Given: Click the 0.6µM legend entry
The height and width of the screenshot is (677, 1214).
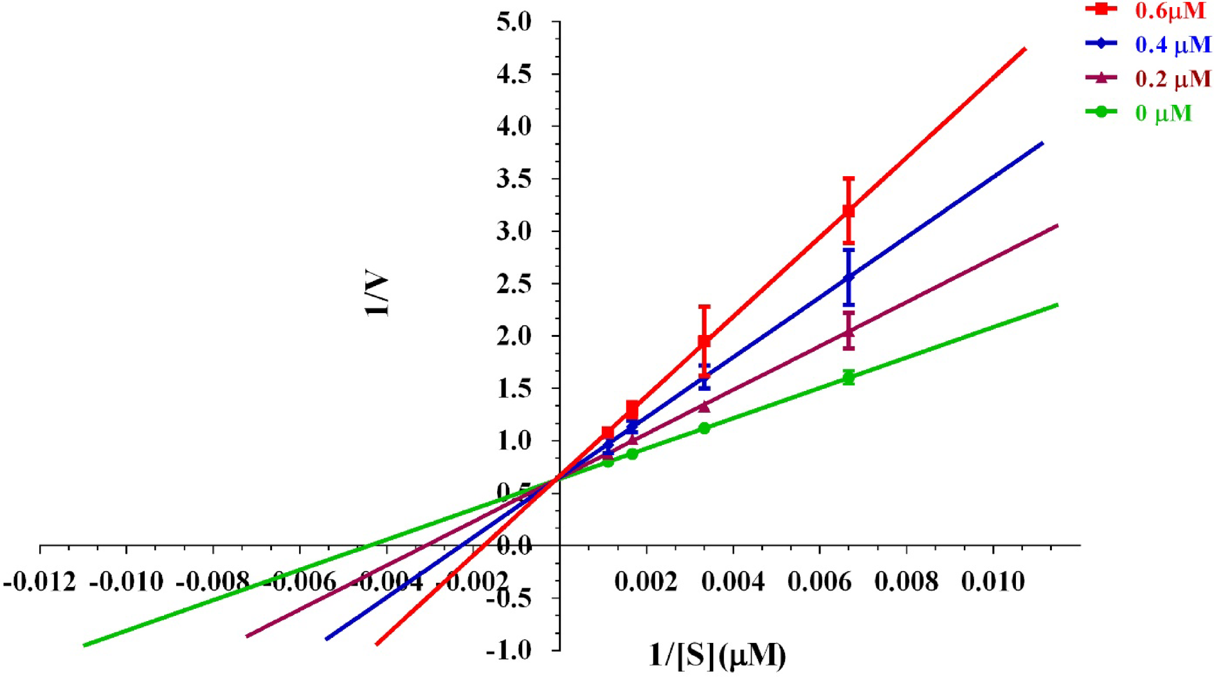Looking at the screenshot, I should click(x=1170, y=11).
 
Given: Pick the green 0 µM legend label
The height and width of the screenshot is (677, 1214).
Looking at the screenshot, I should click(x=1163, y=113).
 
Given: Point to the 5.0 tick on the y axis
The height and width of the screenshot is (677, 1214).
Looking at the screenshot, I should click(x=514, y=23).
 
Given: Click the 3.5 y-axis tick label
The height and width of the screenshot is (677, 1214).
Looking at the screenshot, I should click(x=514, y=179).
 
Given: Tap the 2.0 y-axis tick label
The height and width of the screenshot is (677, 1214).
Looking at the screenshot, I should click(x=514, y=336).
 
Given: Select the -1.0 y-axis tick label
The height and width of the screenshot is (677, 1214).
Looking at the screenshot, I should click(x=509, y=650).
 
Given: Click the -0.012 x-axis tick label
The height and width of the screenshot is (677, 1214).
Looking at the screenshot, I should click(x=40, y=582).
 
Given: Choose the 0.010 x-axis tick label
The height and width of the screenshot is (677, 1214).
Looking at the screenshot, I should click(x=993, y=582).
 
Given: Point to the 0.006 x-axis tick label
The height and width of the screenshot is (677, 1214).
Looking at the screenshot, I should click(x=819, y=582).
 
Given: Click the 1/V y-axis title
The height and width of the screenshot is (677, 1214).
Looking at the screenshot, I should click(x=378, y=296).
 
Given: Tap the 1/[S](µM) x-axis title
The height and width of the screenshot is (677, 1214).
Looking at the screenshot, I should click(x=717, y=656).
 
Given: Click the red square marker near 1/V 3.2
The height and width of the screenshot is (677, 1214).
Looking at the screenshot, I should click(x=849, y=211).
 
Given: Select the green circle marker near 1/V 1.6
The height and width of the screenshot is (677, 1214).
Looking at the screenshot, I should click(x=849, y=378).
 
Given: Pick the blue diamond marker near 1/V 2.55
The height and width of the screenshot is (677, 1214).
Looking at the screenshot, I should click(x=849, y=278).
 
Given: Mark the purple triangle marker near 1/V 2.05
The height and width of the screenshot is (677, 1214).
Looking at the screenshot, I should click(x=849, y=332).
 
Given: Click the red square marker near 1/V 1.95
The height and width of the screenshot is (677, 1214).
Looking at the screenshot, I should click(x=704, y=341).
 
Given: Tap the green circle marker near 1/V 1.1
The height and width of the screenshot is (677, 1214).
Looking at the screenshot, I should click(x=704, y=428).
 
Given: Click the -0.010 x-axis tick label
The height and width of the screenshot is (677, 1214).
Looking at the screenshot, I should click(x=127, y=582).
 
